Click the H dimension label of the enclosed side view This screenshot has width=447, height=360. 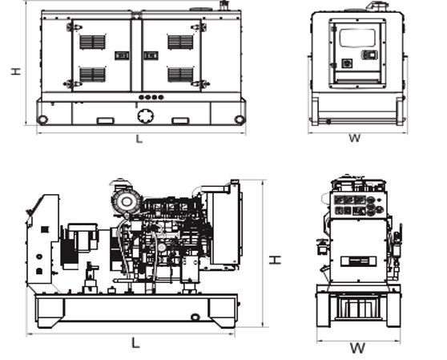point(16,71)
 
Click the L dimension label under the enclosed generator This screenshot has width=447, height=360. point(139,139)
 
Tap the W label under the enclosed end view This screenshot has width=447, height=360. point(355,138)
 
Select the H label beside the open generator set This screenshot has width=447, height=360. point(275,260)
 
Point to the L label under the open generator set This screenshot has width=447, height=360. point(135,342)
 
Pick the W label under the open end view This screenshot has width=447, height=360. point(357,348)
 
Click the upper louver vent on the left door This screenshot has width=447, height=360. point(92,42)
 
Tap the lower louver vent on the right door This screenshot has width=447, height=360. point(180,75)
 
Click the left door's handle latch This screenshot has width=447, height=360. point(122,55)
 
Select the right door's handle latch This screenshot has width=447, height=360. point(151,55)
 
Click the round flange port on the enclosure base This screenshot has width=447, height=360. point(146,116)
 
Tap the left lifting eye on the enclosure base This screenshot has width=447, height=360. point(42,119)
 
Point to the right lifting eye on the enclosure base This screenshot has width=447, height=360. point(239,119)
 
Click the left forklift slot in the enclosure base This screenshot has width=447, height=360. point(106,121)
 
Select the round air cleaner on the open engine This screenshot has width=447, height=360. point(127,201)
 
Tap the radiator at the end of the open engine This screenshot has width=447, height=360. point(225,224)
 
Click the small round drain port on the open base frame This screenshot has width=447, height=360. point(195,317)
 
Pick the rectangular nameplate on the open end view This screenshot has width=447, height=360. point(359,261)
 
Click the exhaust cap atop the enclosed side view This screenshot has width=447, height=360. point(223,5)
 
